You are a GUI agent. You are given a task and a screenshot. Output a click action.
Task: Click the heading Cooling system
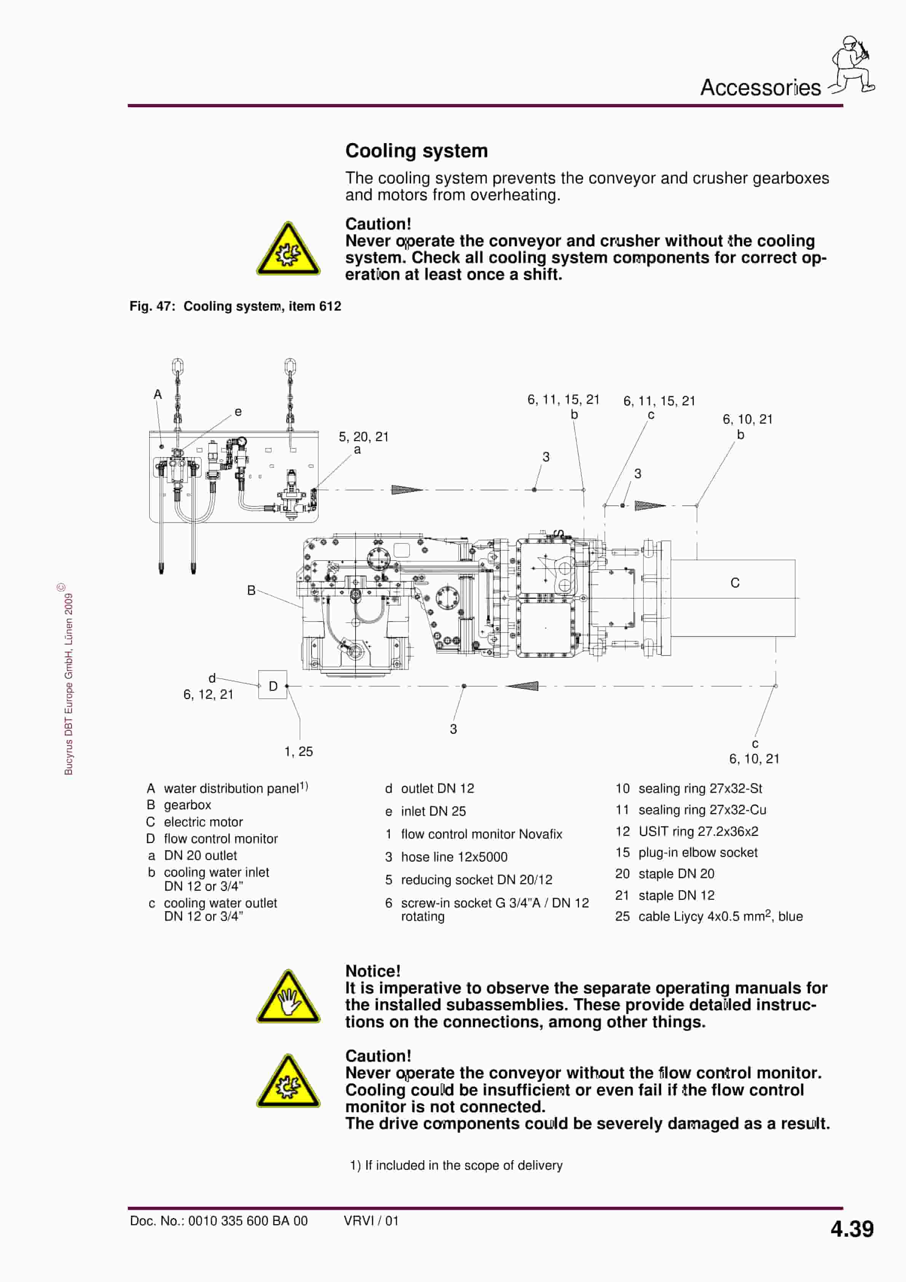tap(416, 151)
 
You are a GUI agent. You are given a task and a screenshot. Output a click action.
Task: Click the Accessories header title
tap(760, 88)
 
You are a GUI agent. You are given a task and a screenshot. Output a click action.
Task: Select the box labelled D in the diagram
tap(273, 686)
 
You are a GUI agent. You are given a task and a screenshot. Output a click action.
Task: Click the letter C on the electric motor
tap(735, 583)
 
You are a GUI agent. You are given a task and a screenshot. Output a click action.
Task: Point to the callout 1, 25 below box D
tap(298, 751)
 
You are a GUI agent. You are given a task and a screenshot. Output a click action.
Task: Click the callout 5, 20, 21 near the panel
tap(363, 437)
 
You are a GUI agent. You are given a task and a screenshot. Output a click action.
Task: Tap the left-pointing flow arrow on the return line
tap(523, 686)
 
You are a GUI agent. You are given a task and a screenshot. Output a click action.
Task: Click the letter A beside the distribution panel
tap(158, 395)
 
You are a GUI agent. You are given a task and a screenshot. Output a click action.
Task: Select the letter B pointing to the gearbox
tap(251, 590)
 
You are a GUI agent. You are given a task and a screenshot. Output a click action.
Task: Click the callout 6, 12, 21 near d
tap(208, 695)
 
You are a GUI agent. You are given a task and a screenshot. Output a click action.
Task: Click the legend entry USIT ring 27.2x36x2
tap(698, 831)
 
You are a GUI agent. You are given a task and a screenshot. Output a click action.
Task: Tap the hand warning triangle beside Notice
tap(288, 998)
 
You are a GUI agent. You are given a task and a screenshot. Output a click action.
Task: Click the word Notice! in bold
tap(373, 971)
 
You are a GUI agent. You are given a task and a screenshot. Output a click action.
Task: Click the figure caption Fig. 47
tap(234, 306)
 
